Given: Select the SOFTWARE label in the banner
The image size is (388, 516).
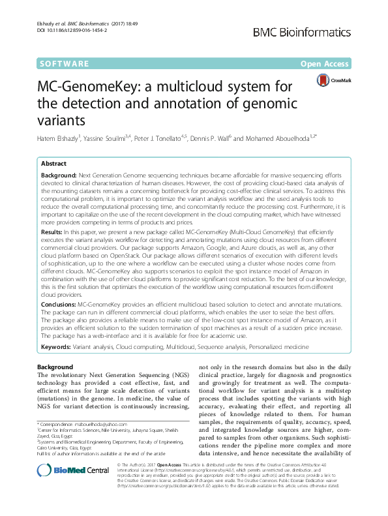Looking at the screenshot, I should [x=65, y=64].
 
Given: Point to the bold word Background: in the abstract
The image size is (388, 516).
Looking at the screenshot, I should [x=58, y=177].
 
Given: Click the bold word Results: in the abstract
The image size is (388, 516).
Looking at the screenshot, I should [x=52, y=232].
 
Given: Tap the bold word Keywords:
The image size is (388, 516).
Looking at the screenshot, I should [x=55, y=347].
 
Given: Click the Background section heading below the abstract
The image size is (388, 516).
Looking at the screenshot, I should [x=55, y=367].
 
